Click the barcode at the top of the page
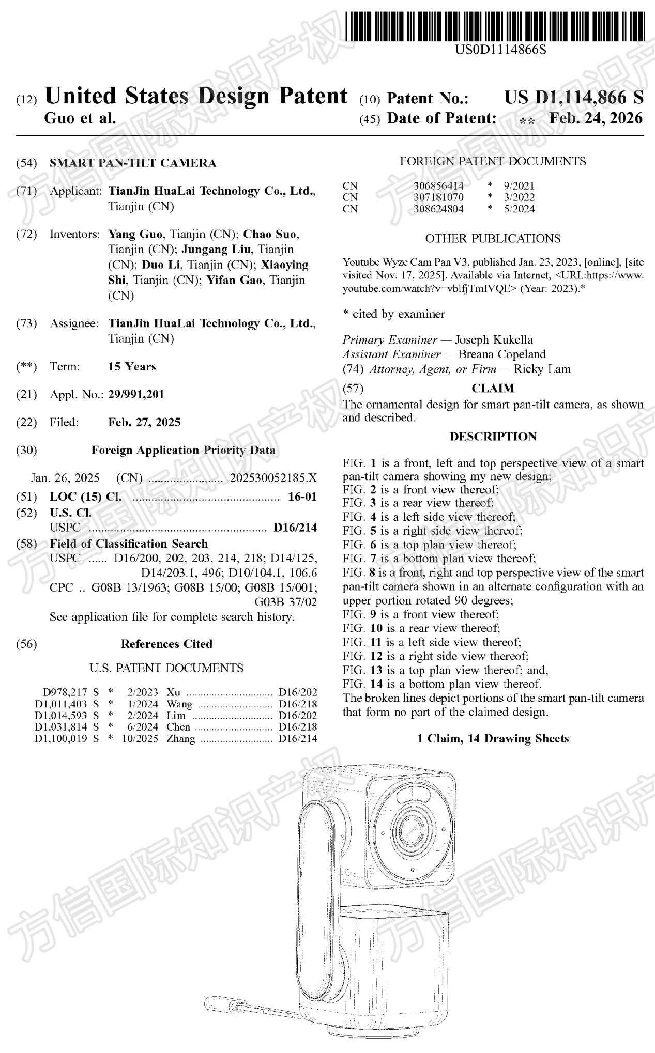(x=495, y=26)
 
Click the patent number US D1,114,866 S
(x=574, y=98)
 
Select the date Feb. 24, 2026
(x=596, y=118)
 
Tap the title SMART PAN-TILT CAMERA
(x=133, y=163)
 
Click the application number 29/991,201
(x=136, y=395)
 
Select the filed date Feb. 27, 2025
(x=144, y=423)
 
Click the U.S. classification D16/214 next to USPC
(x=295, y=528)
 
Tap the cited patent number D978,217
(x=62, y=692)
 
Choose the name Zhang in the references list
(x=180, y=739)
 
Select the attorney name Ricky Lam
(x=542, y=369)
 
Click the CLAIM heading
(x=493, y=388)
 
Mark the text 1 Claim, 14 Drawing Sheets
(x=493, y=739)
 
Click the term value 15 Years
(x=132, y=367)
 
